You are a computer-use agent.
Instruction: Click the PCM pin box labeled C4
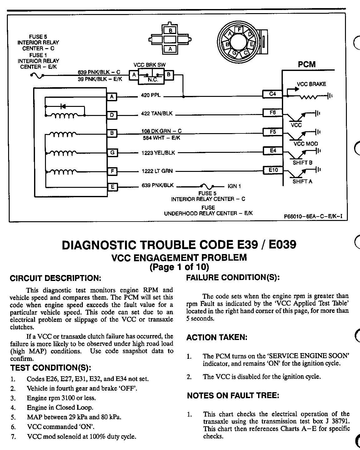pyautogui.click(x=272, y=94)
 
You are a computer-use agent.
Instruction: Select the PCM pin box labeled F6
pyautogui.click(x=272, y=112)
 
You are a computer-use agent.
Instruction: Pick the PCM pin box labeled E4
pyautogui.click(x=273, y=151)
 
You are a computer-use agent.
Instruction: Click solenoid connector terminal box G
pyautogui.click(x=112, y=153)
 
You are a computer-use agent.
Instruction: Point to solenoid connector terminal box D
pyautogui.click(x=112, y=115)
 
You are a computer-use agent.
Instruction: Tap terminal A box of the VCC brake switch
pyautogui.click(x=134, y=75)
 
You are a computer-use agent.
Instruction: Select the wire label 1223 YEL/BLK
pyautogui.click(x=158, y=153)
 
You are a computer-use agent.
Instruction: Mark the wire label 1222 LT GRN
pyautogui.click(x=157, y=171)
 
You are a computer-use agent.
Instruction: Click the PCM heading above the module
pyautogui.click(x=307, y=65)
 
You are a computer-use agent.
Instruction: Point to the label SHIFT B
pyautogui.click(x=302, y=163)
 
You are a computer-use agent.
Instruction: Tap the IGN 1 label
pyautogui.click(x=234, y=186)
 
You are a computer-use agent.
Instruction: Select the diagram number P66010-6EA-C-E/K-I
pyautogui.click(x=311, y=215)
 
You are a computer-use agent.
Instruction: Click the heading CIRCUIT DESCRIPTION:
pyautogui.click(x=56, y=278)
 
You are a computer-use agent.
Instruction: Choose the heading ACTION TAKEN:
pyautogui.click(x=217, y=337)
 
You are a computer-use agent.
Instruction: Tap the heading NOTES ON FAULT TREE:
pyautogui.click(x=233, y=396)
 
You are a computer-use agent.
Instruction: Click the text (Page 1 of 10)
pyautogui.click(x=179, y=267)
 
